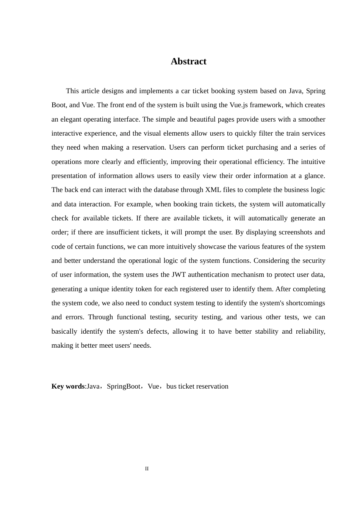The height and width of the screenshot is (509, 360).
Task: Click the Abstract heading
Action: click(188, 61)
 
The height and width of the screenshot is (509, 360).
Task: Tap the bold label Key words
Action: click(68, 386)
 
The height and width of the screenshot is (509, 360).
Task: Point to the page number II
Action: click(147, 469)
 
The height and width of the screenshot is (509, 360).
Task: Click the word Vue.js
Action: click(239, 105)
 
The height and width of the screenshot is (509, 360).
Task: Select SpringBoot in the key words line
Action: click(124, 386)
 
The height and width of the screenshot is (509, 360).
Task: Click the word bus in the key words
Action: click(171, 386)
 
